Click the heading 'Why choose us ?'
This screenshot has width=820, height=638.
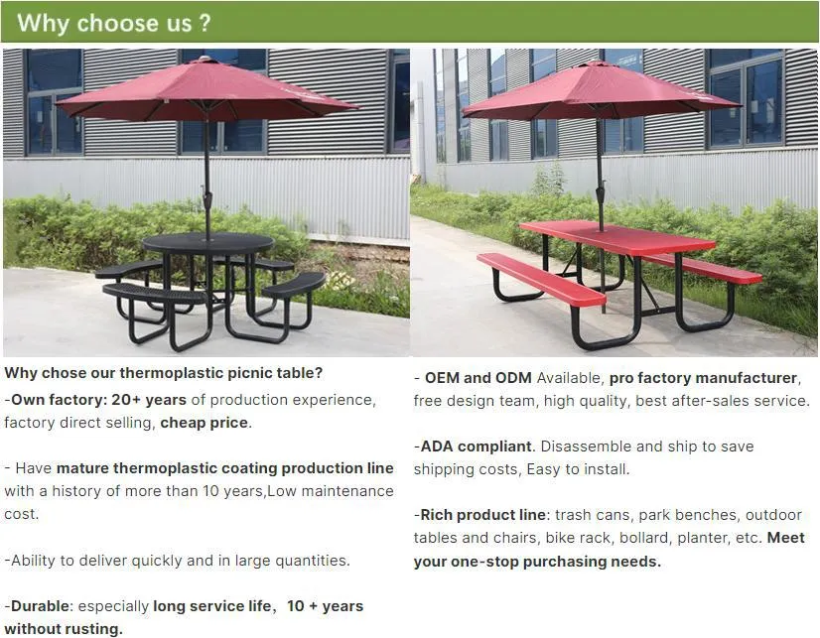(114, 23)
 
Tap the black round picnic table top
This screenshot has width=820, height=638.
(207, 243)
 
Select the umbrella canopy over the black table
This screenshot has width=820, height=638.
(206, 92)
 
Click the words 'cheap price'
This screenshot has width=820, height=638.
(205, 422)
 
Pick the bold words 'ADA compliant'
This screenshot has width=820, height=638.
(476, 447)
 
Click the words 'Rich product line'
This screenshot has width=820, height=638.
(481, 515)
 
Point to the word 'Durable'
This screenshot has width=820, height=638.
(40, 606)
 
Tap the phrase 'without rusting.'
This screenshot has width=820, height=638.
(64, 629)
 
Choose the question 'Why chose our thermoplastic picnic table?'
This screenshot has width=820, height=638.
(164, 373)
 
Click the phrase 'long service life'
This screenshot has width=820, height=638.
(209, 606)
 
